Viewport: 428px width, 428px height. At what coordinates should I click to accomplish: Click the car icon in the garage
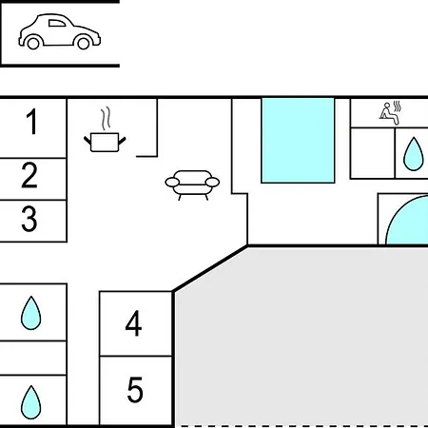(x=60, y=31)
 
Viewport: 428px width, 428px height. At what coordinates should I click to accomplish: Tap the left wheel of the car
(x=33, y=43)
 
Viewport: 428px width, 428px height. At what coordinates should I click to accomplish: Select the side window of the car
(x=57, y=23)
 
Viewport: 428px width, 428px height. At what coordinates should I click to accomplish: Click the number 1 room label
(x=32, y=122)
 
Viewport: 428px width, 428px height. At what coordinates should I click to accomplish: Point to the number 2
(x=29, y=175)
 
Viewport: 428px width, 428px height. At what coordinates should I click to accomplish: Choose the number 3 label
(x=29, y=219)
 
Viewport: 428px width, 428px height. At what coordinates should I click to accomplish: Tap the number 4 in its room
(x=133, y=323)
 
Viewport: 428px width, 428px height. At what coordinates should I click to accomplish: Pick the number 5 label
(x=135, y=390)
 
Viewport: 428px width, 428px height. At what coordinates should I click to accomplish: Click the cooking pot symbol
(x=105, y=143)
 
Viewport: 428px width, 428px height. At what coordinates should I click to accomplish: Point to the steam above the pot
(x=107, y=118)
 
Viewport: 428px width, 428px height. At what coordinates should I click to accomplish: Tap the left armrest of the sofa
(x=172, y=182)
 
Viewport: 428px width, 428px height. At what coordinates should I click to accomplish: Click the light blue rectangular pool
(x=298, y=141)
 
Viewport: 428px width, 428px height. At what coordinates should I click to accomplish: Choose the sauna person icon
(x=390, y=113)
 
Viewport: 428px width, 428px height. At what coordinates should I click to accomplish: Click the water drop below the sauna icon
(x=413, y=154)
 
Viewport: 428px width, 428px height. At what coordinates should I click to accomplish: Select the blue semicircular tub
(x=407, y=220)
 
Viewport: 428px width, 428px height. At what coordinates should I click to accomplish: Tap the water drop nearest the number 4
(x=30, y=313)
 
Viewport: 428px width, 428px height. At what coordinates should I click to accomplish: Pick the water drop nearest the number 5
(x=30, y=402)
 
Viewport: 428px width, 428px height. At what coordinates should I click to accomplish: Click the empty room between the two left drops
(x=33, y=358)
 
